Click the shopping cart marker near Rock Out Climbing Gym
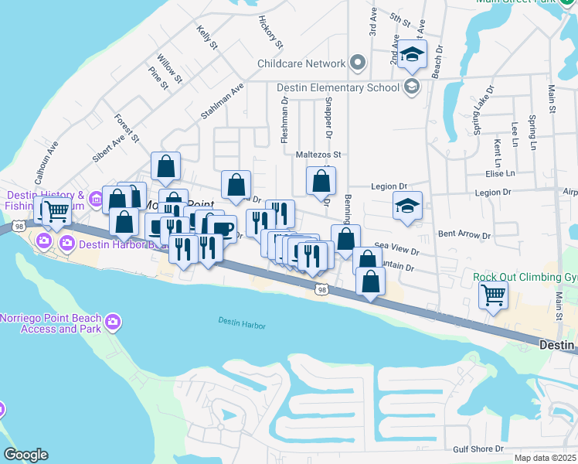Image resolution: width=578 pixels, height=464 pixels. [x=493, y=294]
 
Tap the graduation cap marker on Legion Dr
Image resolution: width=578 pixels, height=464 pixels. [x=407, y=206]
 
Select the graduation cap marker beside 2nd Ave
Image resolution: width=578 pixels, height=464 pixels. [x=413, y=55]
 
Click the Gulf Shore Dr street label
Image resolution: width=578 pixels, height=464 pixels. [x=478, y=449]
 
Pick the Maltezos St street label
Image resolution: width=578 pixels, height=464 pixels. [x=318, y=155]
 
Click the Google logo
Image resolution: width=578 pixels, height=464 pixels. [x=25, y=455]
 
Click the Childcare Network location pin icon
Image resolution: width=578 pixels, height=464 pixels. [x=356, y=63]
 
